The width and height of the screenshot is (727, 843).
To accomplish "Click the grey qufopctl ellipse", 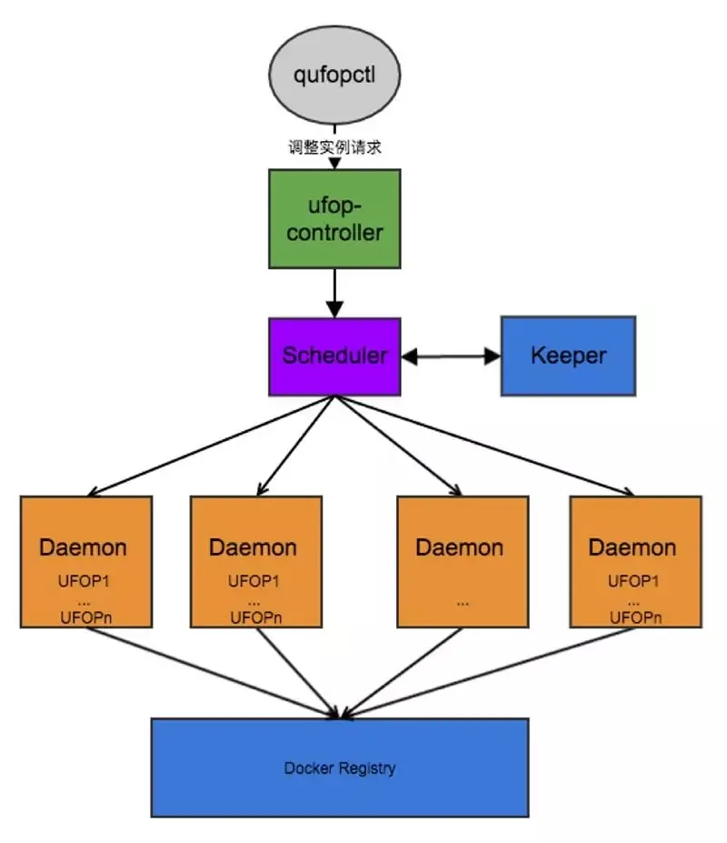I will (x=334, y=74).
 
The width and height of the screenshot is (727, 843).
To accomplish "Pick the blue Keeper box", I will (x=568, y=356).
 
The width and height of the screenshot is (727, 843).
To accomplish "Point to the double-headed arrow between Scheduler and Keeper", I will (x=451, y=356).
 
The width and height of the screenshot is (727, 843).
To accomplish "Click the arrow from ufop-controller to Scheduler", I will (x=334, y=293).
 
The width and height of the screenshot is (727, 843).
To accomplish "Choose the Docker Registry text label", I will (x=340, y=768).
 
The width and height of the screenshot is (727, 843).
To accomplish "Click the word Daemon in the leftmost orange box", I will (x=83, y=547).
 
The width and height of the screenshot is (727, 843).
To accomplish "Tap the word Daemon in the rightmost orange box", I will (x=632, y=547).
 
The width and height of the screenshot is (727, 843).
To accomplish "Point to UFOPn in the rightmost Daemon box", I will (x=633, y=618).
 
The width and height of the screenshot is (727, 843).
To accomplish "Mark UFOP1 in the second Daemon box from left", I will (x=254, y=580).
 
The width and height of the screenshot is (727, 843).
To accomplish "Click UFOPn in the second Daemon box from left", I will (x=254, y=618).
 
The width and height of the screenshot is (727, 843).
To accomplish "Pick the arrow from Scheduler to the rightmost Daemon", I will (x=482, y=446).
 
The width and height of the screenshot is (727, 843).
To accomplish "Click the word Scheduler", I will (x=334, y=356).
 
